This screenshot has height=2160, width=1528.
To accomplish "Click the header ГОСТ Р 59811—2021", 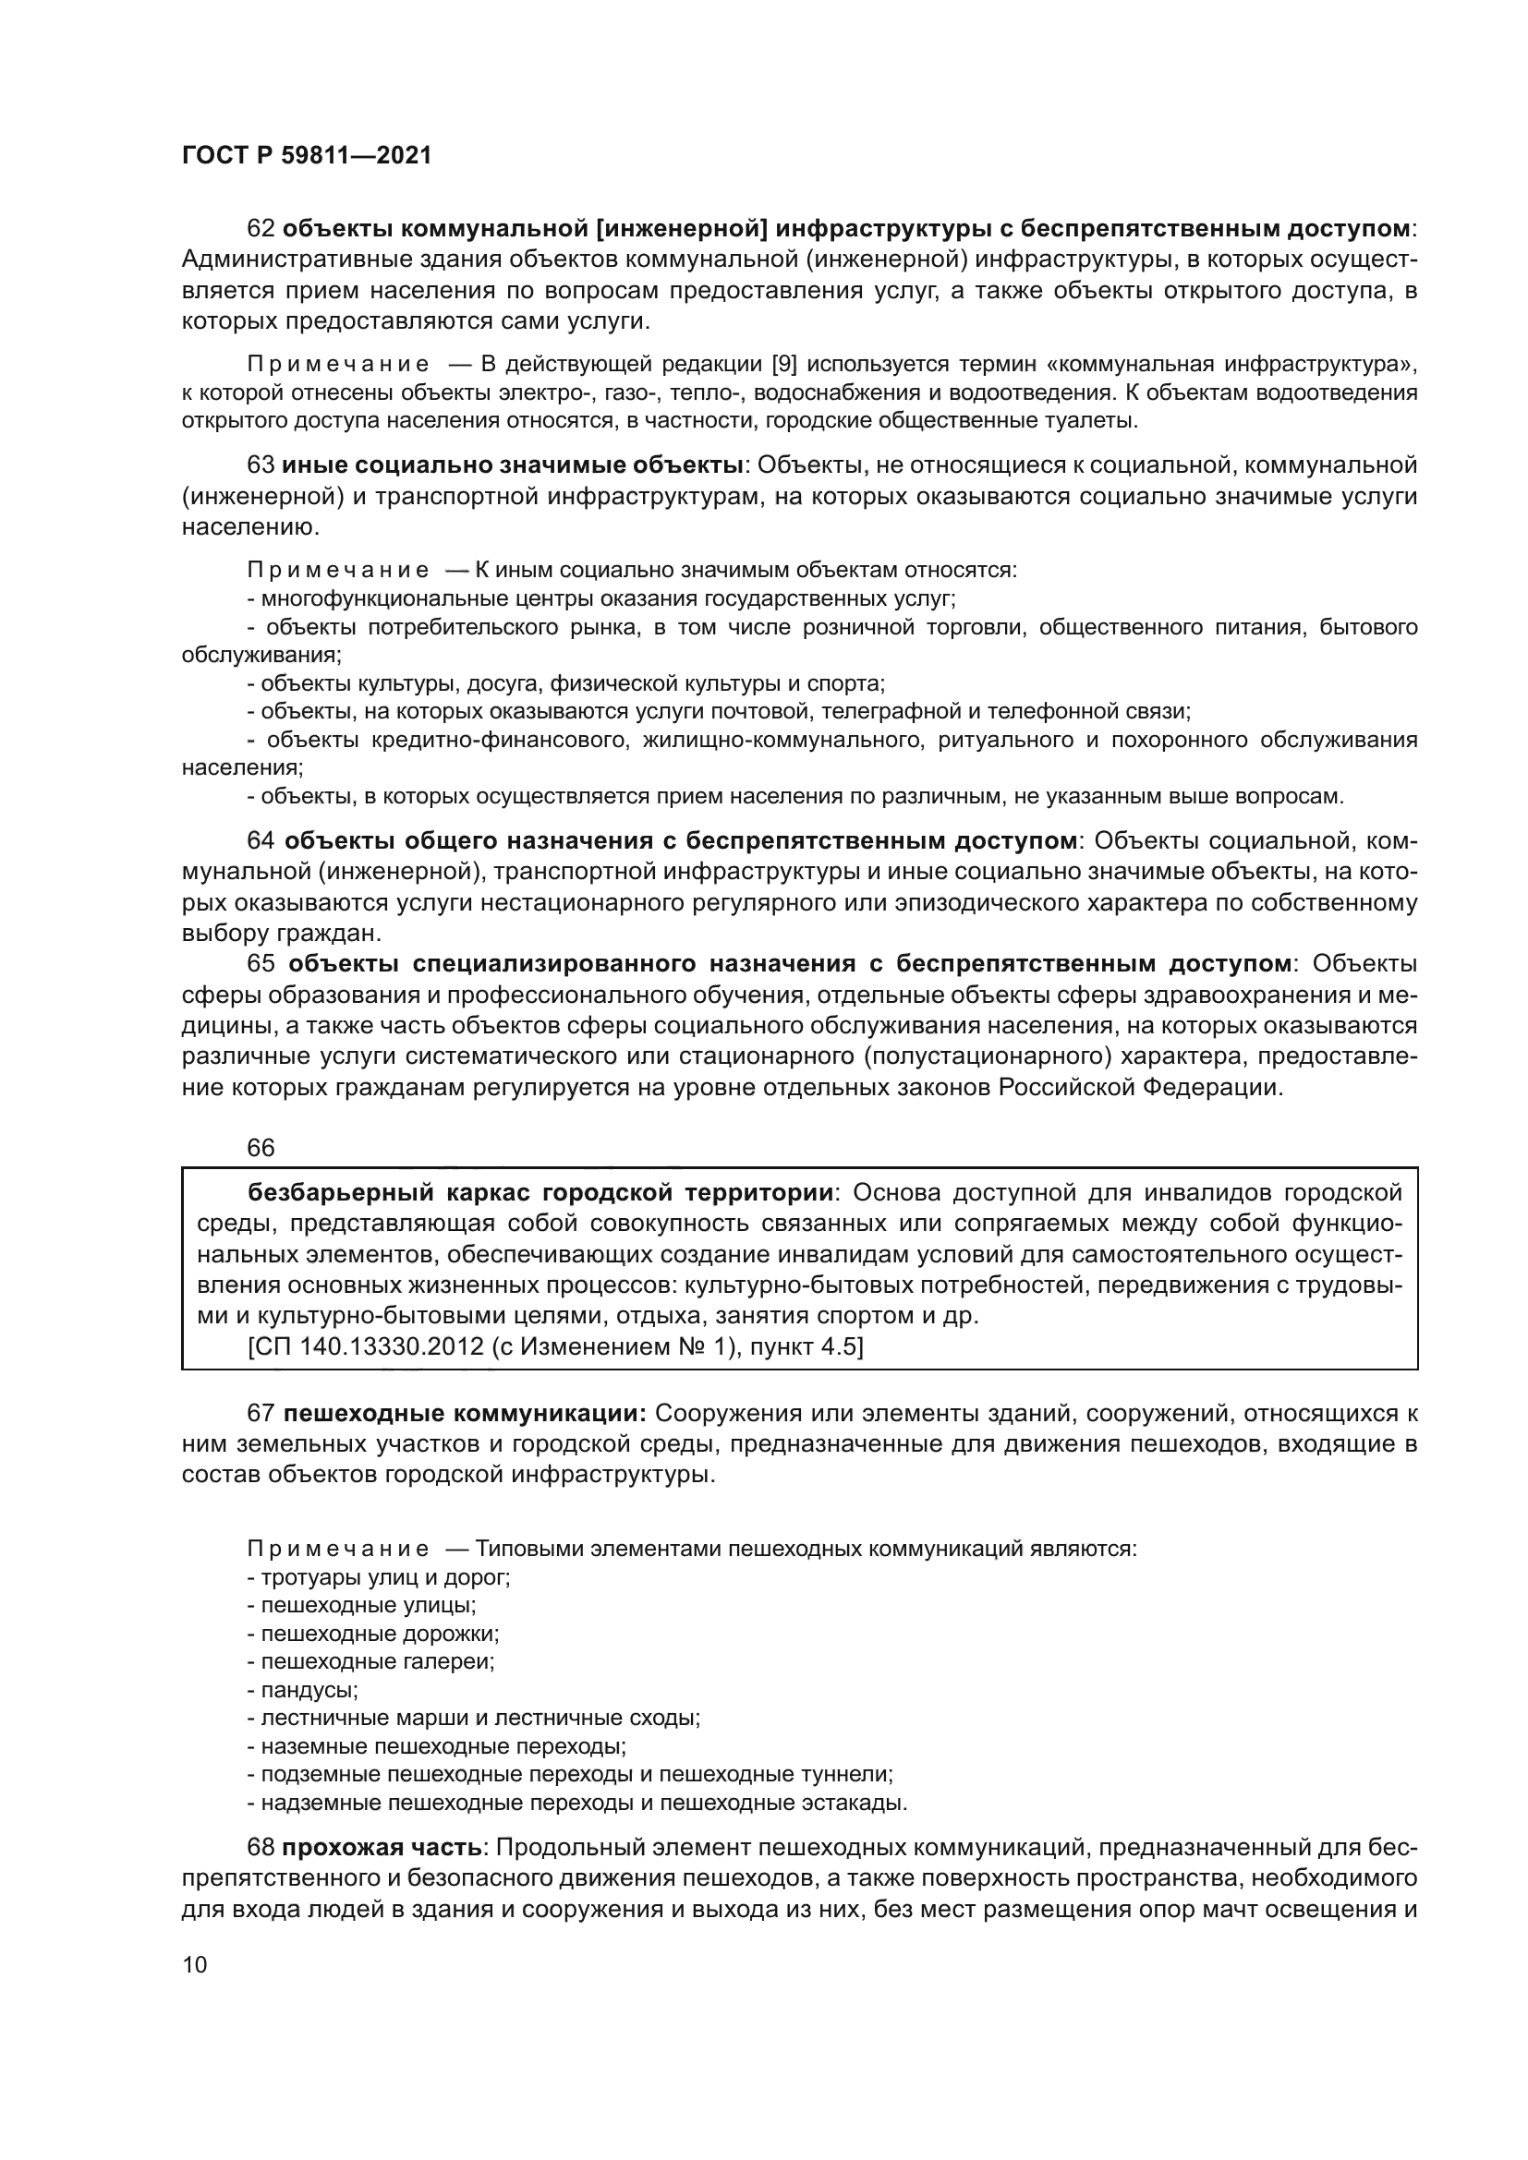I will pos(307,156).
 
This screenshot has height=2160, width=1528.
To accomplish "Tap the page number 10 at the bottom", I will pos(195,1964).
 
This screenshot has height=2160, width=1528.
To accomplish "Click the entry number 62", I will pos(261,229).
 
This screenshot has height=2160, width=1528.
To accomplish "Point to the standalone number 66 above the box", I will pos(261,1148).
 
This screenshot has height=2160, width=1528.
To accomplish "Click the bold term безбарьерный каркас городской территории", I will pos(540,1193).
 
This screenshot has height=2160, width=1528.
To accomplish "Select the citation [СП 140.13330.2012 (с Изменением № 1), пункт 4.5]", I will pos(555,1346).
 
